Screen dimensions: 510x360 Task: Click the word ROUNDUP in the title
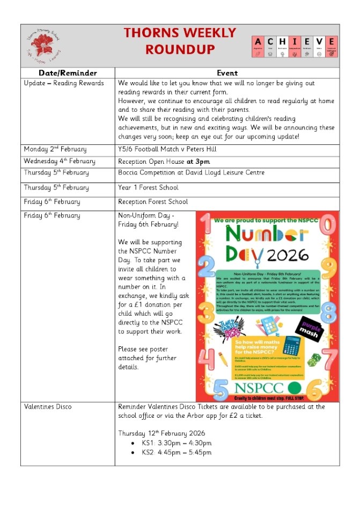(x=180, y=49)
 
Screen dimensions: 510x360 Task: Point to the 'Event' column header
(x=227, y=73)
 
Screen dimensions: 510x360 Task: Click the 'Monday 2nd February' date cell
(x=55, y=149)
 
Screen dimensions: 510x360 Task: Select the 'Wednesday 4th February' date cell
(x=60, y=161)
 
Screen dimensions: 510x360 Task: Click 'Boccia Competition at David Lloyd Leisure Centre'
(x=191, y=173)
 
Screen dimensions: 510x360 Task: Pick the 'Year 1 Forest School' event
(x=148, y=188)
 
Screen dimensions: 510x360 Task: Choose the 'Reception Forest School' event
(x=153, y=202)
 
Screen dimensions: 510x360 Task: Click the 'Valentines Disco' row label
(x=48, y=407)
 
